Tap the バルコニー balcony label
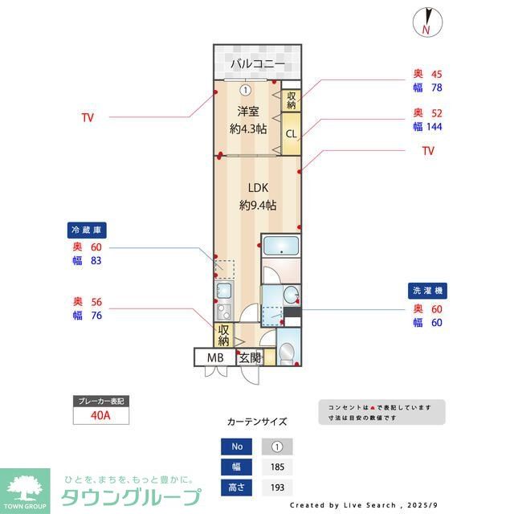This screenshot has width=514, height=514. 257,63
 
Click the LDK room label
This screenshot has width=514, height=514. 257,187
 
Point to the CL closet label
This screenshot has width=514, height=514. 291,133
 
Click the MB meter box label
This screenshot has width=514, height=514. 215,357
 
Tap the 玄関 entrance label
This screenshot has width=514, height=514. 250,357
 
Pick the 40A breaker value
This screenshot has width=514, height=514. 100,416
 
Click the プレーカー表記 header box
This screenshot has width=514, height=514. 100,401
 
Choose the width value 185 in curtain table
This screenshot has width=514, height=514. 277,467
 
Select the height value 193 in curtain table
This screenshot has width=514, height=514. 277,487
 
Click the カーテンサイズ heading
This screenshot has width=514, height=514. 257,422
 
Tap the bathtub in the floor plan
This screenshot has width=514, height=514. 281,248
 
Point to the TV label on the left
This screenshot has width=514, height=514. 88,117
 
